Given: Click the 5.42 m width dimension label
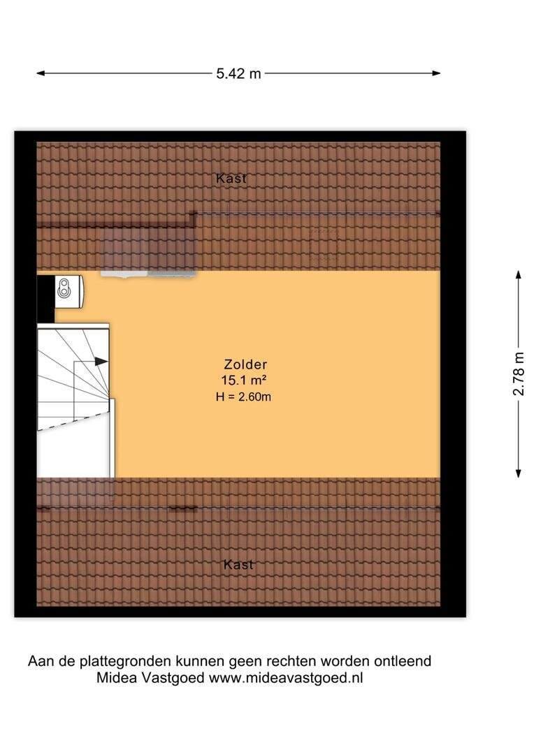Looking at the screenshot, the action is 238,73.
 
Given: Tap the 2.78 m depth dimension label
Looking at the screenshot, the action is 518,374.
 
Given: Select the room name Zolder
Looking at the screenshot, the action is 245,364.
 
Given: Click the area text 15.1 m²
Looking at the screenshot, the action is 244,380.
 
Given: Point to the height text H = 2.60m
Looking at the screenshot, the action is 243,397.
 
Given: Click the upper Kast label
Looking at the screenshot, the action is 231,179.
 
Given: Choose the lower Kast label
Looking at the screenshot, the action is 238,564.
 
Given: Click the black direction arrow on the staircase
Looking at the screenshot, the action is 101,361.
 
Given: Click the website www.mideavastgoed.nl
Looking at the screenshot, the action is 286,677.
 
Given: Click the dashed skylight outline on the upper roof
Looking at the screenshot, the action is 324,244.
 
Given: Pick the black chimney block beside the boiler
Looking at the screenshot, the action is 45,298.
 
